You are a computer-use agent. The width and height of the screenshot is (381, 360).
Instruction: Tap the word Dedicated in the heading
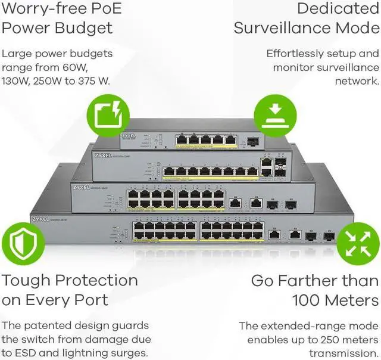(x=338, y=9)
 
